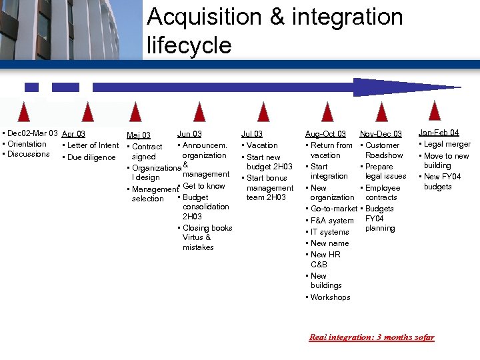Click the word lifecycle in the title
pos(189,45)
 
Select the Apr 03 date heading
pos(73,134)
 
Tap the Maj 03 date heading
pos(139,136)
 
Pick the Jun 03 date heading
pos(189,134)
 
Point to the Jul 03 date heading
pos(252,134)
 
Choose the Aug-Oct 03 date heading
pos(325,135)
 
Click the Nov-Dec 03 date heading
pos(381,135)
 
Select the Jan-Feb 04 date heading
pos(439,133)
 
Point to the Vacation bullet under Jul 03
pos(261,145)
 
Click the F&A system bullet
pos(332,221)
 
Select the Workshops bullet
pos(330,297)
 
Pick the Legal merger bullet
pos(447,144)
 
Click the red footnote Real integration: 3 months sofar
pos(371,337)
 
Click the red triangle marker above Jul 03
pos(264,111)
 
